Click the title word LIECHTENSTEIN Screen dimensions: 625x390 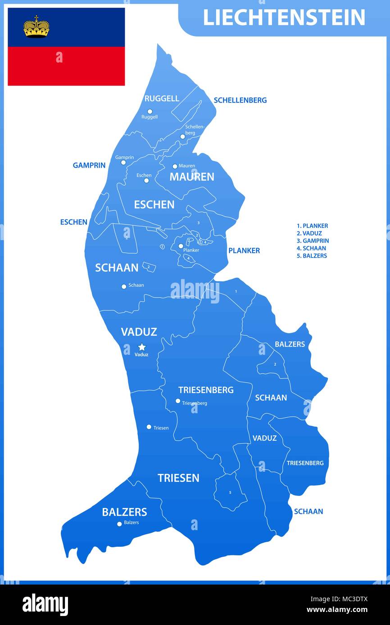click(x=284, y=18)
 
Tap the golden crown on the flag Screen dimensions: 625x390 click(x=36, y=27)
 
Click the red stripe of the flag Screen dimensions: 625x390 click(x=66, y=66)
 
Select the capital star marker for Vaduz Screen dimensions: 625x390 click(x=142, y=347)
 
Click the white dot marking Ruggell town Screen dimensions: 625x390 click(x=150, y=112)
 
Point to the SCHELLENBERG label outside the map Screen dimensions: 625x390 click(x=240, y=100)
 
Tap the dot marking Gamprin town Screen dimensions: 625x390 click(x=123, y=162)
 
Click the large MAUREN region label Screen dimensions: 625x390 click(x=191, y=177)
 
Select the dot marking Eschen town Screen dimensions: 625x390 click(x=146, y=181)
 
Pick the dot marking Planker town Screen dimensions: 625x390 click(x=181, y=246)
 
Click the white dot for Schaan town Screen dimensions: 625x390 click(x=124, y=286)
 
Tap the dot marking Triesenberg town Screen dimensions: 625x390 click(x=178, y=401)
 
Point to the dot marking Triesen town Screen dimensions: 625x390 click(x=149, y=427)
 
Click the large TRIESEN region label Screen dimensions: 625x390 click(x=178, y=478)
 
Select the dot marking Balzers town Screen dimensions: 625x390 click(x=119, y=524)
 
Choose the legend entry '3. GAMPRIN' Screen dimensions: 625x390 click(x=313, y=241)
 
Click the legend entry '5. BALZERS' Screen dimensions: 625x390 click(x=312, y=255)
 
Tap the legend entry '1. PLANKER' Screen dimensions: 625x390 click(x=312, y=226)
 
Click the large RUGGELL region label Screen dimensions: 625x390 click(x=162, y=98)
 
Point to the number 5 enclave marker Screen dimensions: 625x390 click(x=230, y=493)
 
